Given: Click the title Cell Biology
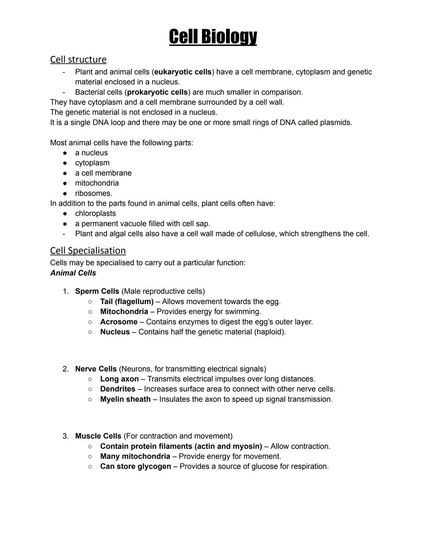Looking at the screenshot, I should tap(213, 37).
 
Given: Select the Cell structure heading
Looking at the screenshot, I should tap(78, 59).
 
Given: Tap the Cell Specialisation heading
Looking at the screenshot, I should tap(88, 250).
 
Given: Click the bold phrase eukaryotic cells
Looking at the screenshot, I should tap(183, 72).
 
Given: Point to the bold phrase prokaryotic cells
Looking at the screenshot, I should tap(157, 92).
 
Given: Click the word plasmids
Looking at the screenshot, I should tap(335, 123).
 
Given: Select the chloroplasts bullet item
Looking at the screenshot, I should tap(95, 213).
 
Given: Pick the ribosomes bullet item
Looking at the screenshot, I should tap(93, 193).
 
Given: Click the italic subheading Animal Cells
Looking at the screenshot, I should tap(73, 273).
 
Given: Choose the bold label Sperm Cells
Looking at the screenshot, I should tap(97, 291).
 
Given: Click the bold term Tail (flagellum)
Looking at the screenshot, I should tap(127, 302).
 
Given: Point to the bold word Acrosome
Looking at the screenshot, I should tap(119, 322).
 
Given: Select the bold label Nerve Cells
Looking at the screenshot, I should tap(96, 369).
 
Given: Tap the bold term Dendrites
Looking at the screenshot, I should tap(118, 389).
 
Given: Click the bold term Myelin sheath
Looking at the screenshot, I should tap(125, 399).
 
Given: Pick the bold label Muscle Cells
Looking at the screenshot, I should tap(98, 436).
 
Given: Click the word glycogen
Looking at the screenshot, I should tap(154, 467).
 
